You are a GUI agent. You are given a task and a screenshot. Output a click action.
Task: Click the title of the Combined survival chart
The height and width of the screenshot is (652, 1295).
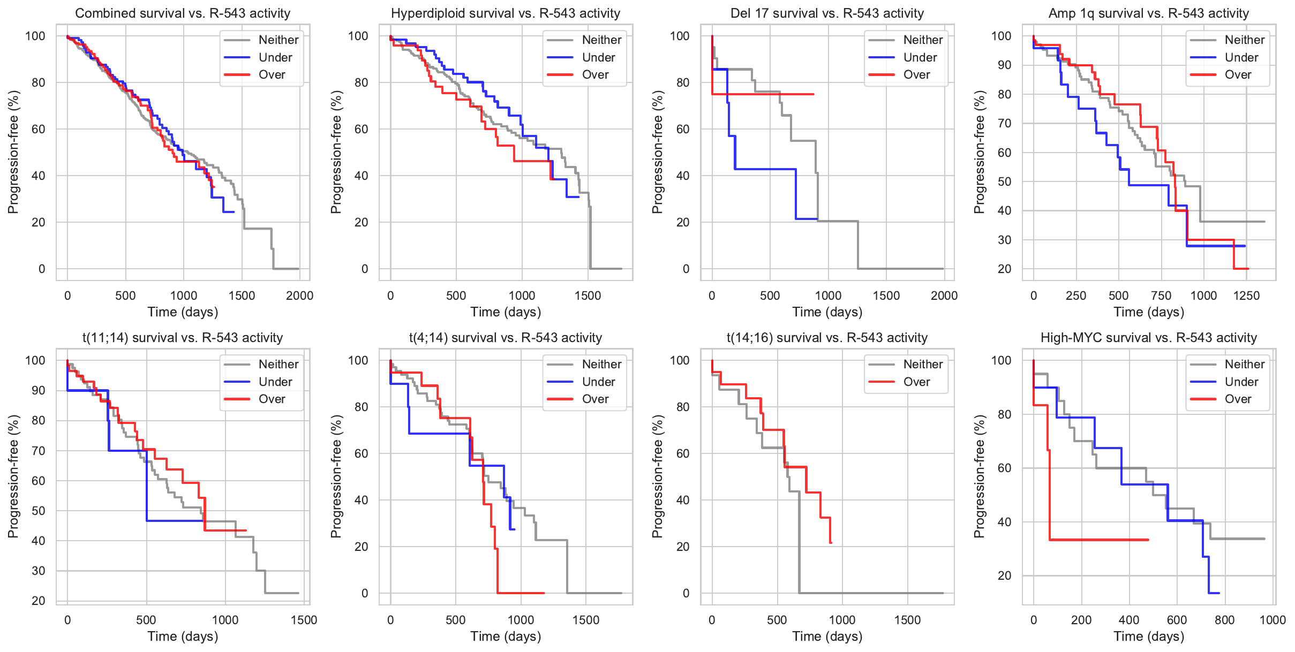pos(183,13)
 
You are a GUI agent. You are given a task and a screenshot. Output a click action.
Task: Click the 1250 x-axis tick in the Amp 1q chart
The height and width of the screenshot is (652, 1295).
pos(1246,295)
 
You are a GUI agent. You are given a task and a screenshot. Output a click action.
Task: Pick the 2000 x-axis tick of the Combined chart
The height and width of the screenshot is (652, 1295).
pos(299,295)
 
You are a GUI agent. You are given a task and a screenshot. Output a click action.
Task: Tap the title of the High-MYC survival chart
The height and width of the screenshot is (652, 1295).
pos(1148,338)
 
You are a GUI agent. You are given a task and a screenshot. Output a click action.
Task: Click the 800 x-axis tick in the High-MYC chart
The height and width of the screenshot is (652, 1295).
pos(1224,620)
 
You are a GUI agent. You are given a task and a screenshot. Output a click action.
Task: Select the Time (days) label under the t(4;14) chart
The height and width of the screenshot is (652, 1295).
pos(506,636)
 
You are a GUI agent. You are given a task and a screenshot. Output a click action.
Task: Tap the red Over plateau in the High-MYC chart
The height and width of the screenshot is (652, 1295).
pos(1098,540)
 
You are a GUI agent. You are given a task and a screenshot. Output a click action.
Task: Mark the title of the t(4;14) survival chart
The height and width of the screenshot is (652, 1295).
pos(506,338)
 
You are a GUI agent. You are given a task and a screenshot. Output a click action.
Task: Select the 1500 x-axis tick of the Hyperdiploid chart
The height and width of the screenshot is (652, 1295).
pos(588,295)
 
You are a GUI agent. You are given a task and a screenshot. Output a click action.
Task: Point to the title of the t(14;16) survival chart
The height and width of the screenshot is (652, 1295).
pos(827,338)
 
